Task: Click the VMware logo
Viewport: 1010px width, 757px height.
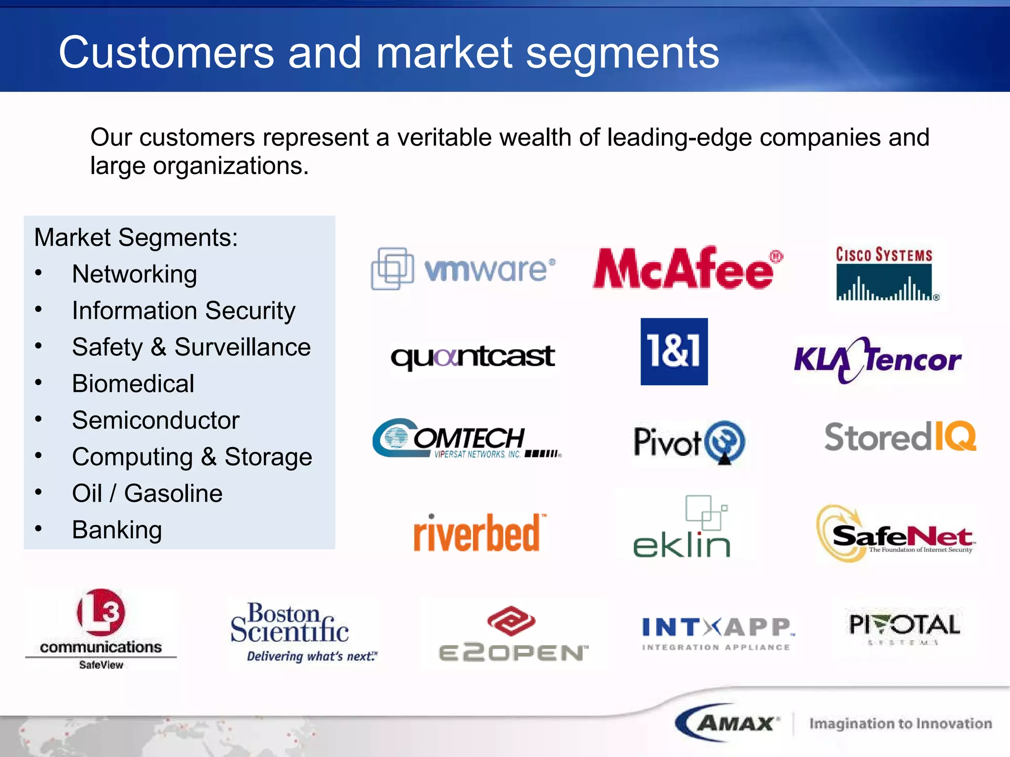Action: pos(464,269)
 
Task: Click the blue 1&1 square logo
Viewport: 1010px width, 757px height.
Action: pos(674,351)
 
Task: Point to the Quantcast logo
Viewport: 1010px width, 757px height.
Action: pos(472,357)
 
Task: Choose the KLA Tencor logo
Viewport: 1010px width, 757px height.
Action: pos(877,360)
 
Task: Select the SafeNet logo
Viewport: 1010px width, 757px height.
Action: pos(895,534)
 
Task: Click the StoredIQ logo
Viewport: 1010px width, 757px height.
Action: pos(900,437)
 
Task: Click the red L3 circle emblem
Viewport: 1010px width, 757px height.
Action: pos(101,612)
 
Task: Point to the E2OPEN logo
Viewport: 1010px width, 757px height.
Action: pos(512,634)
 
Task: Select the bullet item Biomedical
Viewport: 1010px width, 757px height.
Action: pos(133,383)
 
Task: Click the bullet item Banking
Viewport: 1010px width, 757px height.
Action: pos(117,530)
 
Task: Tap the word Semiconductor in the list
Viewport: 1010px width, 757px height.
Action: pos(155,420)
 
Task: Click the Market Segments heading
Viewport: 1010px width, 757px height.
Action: pos(136,238)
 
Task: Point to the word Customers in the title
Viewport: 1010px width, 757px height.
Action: pos(166,53)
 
